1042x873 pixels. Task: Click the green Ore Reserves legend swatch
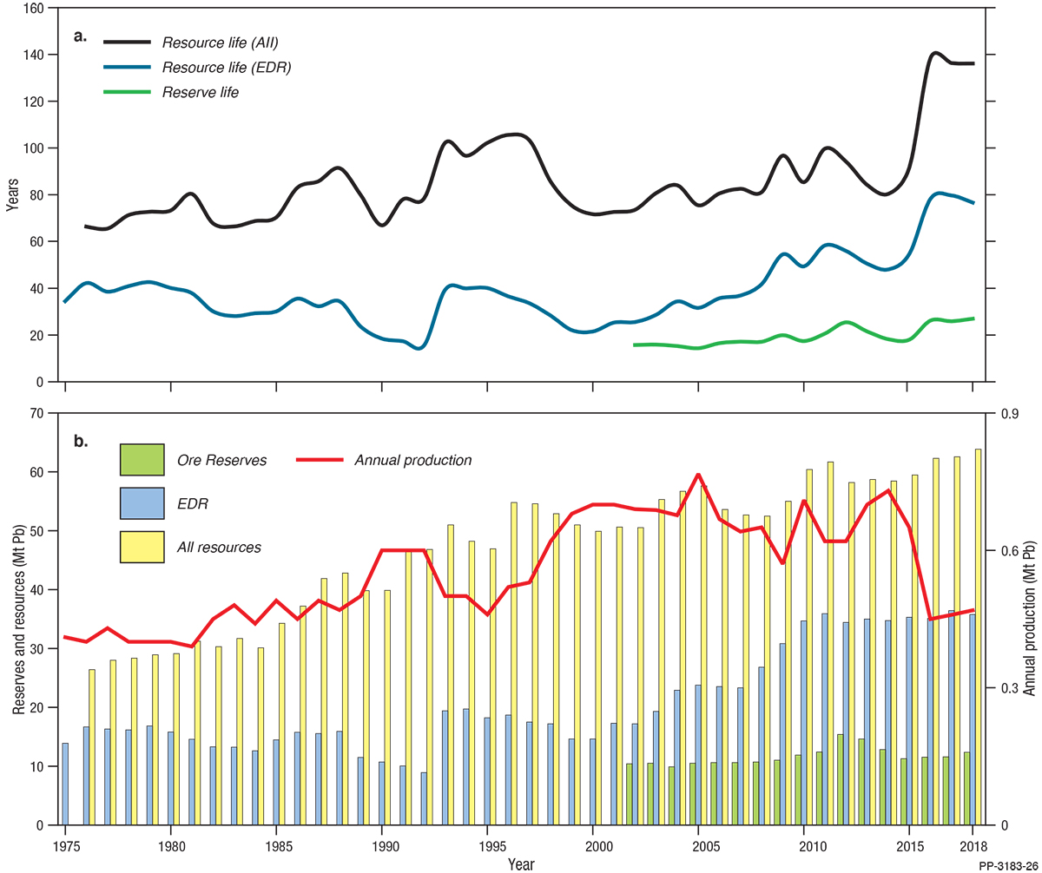[142, 460]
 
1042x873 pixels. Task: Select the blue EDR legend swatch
[142, 502]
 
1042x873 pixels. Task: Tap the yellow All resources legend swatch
[142, 546]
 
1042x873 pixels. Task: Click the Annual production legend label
[412, 460]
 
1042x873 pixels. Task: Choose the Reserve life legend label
[200, 93]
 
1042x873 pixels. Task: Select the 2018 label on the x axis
[973, 845]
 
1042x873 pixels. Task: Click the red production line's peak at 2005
[699, 475]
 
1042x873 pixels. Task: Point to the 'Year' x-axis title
[521, 864]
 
